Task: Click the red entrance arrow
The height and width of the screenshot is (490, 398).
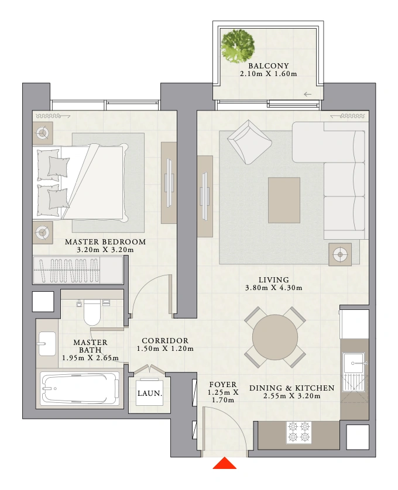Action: point(224,463)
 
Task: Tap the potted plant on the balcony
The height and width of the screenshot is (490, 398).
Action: point(238,46)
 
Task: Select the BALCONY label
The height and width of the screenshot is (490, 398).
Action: point(269,66)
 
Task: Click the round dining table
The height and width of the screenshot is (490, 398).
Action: point(275,337)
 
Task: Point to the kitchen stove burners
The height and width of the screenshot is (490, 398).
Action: point(299,432)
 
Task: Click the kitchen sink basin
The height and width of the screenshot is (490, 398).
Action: point(354,363)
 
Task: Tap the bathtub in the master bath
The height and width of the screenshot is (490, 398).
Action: point(80,388)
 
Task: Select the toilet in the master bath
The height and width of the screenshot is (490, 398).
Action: point(92,312)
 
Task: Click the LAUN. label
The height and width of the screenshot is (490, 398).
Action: point(150,394)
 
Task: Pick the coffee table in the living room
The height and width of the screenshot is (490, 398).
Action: point(284,201)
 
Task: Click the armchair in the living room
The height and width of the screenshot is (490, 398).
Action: point(249,142)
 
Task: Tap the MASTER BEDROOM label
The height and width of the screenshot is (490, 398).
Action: point(105,242)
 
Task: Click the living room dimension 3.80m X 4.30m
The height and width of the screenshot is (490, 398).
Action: point(274,288)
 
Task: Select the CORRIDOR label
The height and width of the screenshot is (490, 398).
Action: point(165,341)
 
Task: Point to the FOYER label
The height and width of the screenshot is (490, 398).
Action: point(223,385)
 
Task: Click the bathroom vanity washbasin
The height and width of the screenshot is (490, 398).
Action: point(47,344)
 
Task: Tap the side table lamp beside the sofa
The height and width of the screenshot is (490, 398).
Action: point(340,255)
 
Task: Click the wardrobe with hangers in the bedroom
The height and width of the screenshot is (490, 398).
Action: point(78,270)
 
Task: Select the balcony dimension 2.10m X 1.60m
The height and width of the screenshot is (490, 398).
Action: point(269,74)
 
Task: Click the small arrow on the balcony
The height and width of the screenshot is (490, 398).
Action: point(308,94)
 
